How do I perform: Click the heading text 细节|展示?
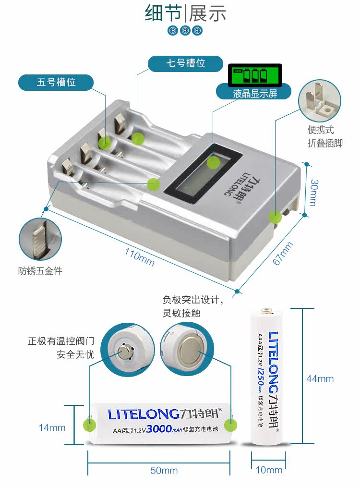[x=185, y=13]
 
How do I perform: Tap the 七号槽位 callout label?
[x=185, y=63]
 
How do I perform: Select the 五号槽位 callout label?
[x=56, y=82]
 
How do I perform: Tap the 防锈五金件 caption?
[x=40, y=271]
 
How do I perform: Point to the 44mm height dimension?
[x=320, y=378]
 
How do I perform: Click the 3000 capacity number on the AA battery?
[x=160, y=428]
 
